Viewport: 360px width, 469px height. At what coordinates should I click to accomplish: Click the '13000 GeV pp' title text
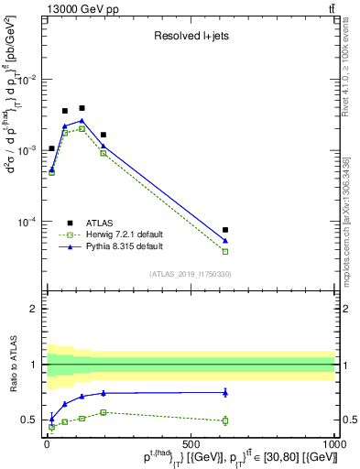click(x=73, y=8)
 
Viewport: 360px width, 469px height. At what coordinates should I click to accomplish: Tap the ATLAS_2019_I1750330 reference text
click(x=190, y=274)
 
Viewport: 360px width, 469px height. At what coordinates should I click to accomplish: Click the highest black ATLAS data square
click(x=82, y=108)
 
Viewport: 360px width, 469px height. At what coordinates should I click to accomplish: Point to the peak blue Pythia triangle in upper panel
click(x=82, y=120)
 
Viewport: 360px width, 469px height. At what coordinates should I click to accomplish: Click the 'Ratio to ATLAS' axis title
click(x=13, y=389)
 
